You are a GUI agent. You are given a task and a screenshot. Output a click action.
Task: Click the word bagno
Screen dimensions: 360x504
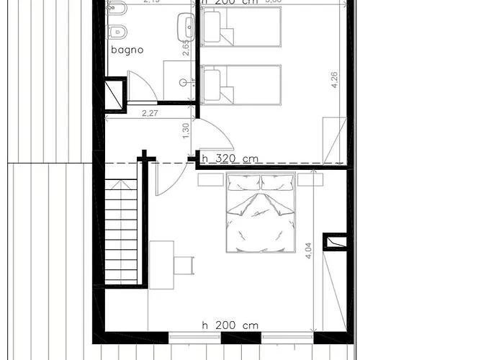point(127,50)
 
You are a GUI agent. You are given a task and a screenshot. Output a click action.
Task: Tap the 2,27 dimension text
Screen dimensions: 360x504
point(150,112)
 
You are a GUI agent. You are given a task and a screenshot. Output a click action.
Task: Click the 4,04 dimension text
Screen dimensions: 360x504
point(309,250)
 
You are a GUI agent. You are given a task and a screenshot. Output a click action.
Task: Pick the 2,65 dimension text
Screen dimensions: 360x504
point(186,48)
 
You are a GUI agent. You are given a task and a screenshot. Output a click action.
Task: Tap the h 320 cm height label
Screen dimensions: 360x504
point(230,158)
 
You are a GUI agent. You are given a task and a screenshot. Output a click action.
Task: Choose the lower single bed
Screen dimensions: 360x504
point(240,84)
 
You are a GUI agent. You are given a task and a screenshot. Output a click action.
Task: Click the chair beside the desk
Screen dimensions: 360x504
point(184,264)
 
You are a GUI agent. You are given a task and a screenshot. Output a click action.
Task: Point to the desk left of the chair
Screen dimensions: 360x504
point(161,264)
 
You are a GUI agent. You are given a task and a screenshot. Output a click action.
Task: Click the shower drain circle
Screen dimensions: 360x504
point(192,82)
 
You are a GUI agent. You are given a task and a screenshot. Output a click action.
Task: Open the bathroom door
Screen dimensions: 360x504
point(142,86)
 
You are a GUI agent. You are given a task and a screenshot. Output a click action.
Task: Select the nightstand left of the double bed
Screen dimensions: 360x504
point(211,180)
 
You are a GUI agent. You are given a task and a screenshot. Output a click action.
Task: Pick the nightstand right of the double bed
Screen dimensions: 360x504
point(310,180)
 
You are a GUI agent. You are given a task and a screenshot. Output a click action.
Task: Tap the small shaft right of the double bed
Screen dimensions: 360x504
point(334,242)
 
